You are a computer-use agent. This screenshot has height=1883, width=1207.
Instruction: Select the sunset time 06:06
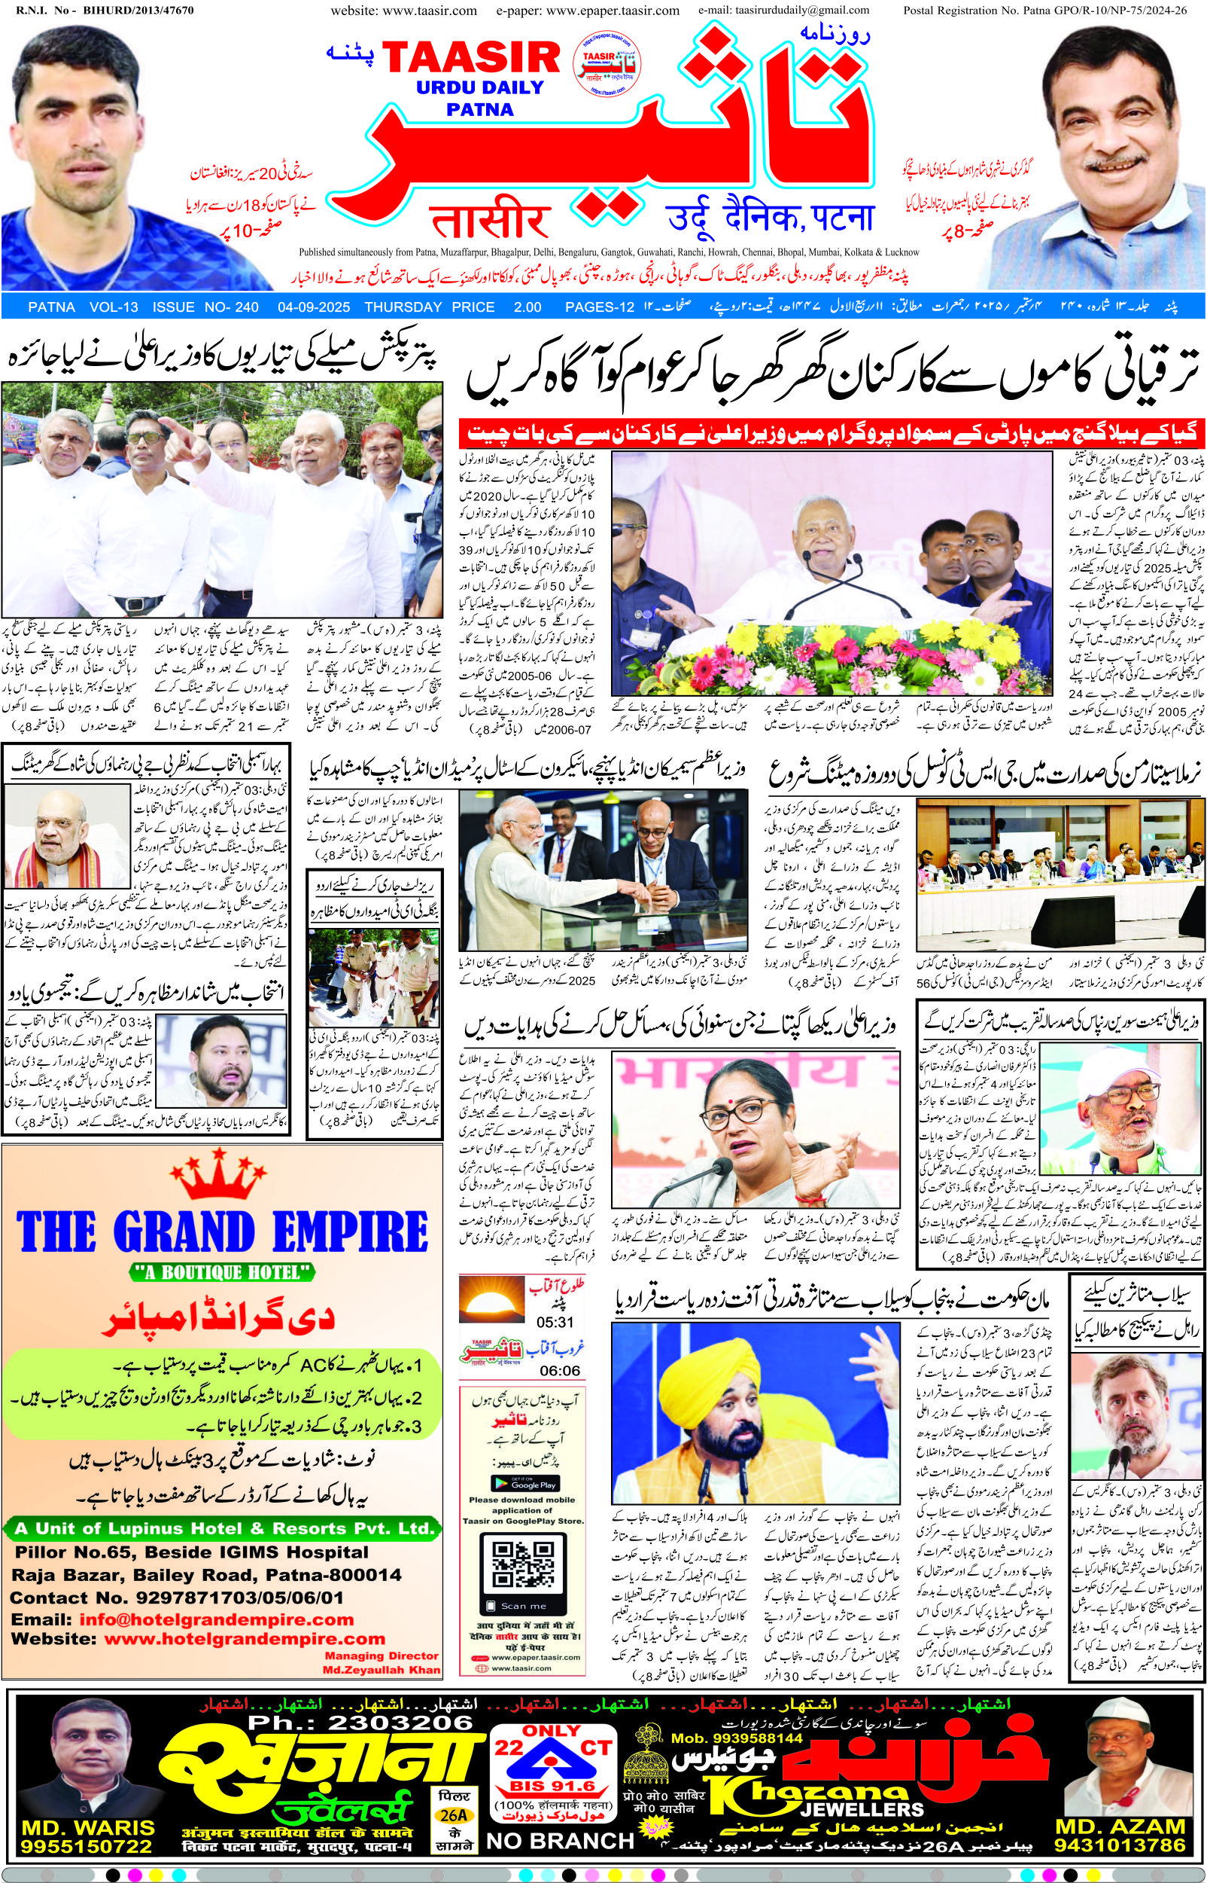[x=559, y=1370]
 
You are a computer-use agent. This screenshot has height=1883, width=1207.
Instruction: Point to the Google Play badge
[x=523, y=1482]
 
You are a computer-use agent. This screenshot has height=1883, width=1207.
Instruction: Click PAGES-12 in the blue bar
[x=599, y=307]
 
